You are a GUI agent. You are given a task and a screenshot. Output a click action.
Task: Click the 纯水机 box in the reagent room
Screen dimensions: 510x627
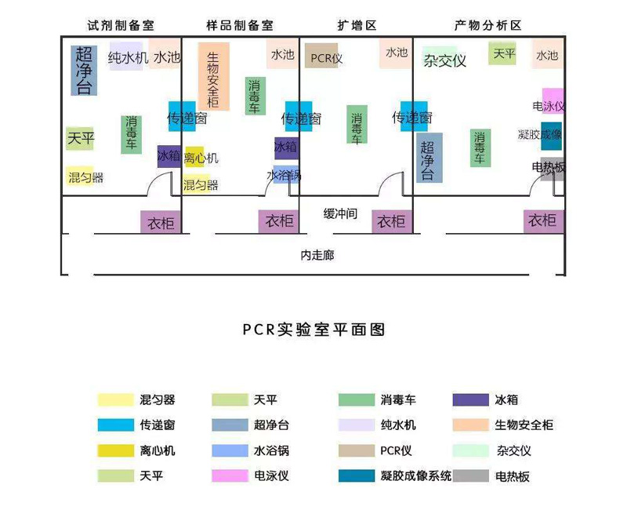coord(127,56)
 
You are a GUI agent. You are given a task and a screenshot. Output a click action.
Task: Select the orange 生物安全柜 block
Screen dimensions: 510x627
coord(214,77)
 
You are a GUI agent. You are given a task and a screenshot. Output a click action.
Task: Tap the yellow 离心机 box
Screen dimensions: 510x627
coord(195,157)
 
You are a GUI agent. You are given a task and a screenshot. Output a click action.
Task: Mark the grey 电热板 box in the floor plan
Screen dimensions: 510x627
coord(552,167)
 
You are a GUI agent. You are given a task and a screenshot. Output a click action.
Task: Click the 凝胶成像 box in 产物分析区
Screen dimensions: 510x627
coord(552,135)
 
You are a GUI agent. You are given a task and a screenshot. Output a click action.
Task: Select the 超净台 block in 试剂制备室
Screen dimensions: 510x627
coord(84,71)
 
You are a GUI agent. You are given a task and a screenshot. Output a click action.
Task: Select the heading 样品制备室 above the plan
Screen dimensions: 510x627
coord(240,25)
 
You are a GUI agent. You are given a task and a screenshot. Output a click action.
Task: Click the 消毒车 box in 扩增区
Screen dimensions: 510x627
coord(357,125)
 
